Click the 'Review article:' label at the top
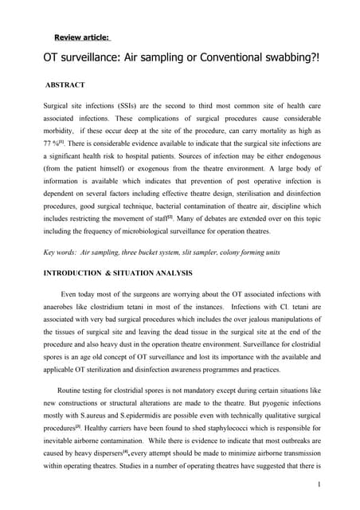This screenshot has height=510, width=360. [x=82, y=37]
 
